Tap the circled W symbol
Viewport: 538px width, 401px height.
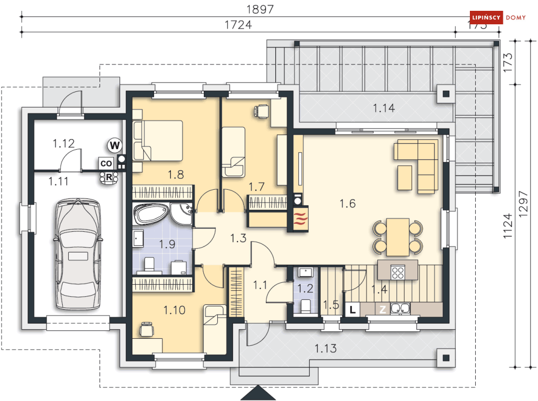coord(114,145)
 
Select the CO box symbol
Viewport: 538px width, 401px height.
coord(106,163)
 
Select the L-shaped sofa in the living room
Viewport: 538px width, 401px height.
coord(417,164)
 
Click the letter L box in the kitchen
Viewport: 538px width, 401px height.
coord(352,310)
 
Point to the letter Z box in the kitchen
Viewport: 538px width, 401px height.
coord(382,310)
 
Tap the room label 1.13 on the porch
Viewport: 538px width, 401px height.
coord(326,349)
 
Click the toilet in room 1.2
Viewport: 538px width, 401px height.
coord(305,306)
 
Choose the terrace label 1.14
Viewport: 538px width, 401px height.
coord(383,109)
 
